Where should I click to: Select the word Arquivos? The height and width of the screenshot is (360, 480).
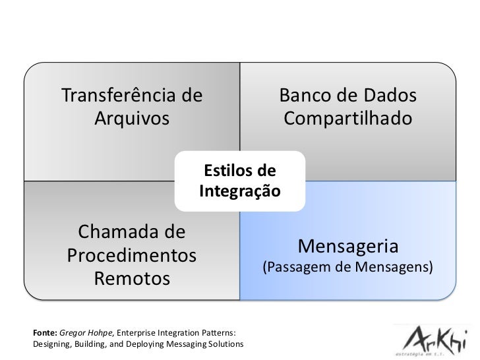tap(132, 120)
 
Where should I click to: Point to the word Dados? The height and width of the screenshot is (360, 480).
tap(386, 96)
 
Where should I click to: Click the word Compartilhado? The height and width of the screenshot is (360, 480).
tap(348, 120)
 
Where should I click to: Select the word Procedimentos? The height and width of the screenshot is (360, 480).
tap(132, 256)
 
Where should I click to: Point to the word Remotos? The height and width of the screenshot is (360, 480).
tap(132, 279)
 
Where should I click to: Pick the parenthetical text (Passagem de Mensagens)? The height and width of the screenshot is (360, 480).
tap(347, 268)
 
